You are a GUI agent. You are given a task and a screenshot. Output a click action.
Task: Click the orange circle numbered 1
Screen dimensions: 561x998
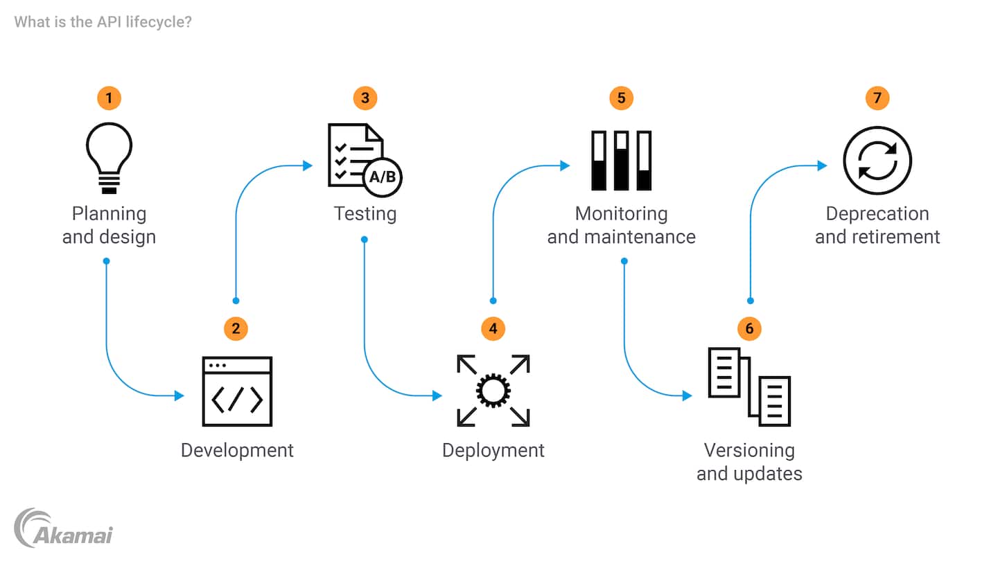[x=109, y=98]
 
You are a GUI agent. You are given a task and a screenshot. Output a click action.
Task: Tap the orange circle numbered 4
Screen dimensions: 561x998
[x=493, y=328]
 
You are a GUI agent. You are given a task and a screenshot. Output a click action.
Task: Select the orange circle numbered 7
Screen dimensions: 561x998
[x=877, y=98]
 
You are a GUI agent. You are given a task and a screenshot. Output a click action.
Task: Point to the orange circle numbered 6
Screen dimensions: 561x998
[x=749, y=328]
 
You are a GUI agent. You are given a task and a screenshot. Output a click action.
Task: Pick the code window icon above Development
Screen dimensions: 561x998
[x=237, y=391]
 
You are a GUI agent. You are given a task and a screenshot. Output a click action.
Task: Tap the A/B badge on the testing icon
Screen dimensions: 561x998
[x=383, y=177]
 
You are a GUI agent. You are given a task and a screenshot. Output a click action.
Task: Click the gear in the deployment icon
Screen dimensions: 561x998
[x=493, y=391]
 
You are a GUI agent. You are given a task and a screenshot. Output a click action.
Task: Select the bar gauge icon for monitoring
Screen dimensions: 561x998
[x=621, y=160]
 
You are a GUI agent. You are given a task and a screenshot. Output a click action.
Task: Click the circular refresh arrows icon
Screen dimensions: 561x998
[x=877, y=161]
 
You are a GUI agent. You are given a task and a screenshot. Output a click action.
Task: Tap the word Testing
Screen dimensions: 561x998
[x=365, y=213]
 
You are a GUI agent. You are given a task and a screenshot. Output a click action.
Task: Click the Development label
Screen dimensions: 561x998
[x=237, y=450]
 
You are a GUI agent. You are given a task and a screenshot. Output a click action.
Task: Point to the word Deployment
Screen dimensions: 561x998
[x=493, y=450]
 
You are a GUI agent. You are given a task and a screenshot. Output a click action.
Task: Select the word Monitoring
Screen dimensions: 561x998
[x=621, y=213]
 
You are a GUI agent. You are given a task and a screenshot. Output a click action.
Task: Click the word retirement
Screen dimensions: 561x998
[x=898, y=237]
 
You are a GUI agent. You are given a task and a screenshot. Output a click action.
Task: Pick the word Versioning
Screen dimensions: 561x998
[x=749, y=450]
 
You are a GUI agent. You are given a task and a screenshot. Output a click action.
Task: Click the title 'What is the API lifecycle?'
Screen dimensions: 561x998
[x=103, y=22]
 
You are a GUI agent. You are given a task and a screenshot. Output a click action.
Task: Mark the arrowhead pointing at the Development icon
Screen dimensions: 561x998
[x=180, y=396]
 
